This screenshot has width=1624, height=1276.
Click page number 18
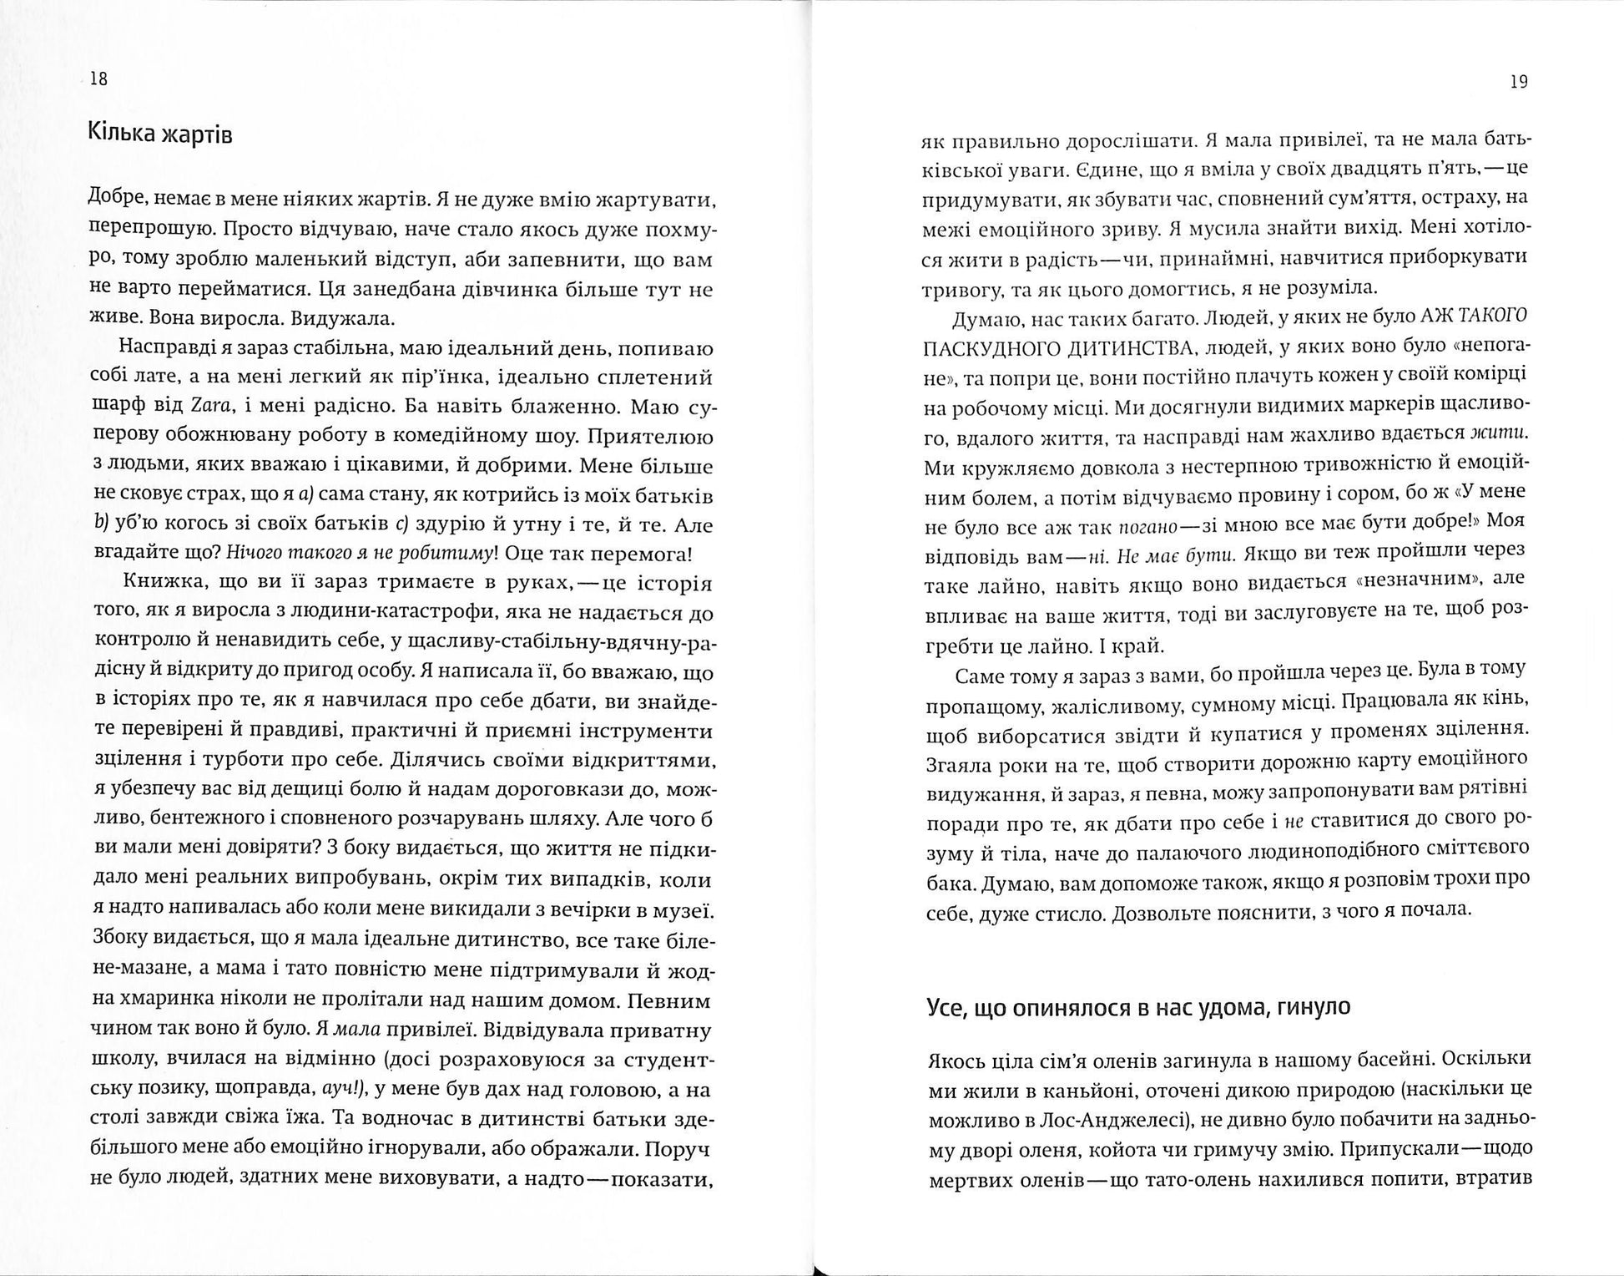point(98,79)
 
